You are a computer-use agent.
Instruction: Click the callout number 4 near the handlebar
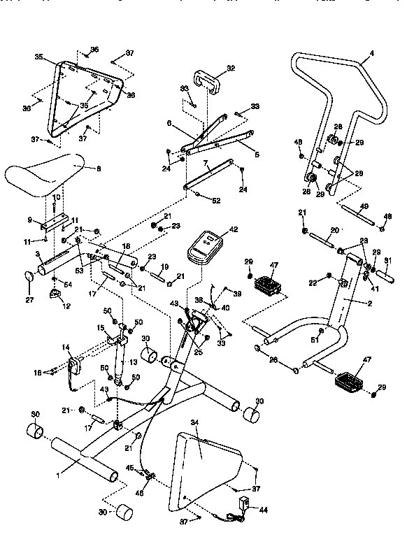(x=372, y=53)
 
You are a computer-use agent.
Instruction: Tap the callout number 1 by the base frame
(x=59, y=475)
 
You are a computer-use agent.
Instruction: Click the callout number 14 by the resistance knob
(x=66, y=347)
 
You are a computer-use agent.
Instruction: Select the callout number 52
(x=215, y=201)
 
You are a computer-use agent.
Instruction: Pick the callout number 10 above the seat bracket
(x=57, y=197)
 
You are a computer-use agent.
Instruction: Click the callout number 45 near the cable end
(x=129, y=468)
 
